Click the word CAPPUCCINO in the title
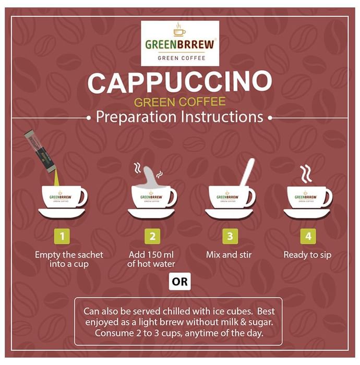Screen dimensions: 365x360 180,83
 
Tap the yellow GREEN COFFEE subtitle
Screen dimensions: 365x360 180,101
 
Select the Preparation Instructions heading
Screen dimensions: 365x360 180,117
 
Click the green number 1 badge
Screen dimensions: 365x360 62,236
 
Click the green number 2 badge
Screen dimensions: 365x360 152,236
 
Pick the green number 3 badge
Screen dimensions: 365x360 230,236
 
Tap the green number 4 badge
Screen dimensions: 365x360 308,236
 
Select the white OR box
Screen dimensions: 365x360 180,282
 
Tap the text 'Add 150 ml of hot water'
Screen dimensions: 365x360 151,259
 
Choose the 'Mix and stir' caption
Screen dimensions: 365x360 230,255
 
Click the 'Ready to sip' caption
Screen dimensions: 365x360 307,255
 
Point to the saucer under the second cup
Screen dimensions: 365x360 152,214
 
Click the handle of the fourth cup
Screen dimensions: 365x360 328,197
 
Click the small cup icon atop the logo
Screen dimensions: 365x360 179,30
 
